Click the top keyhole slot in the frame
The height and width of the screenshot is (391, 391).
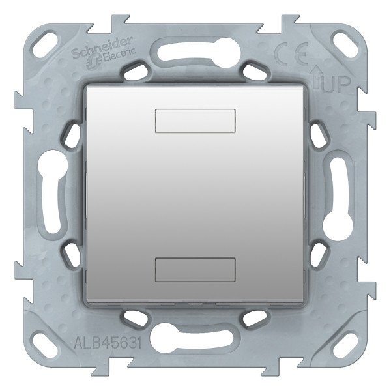click(x=195, y=49)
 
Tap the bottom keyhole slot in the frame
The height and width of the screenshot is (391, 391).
click(x=195, y=341)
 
